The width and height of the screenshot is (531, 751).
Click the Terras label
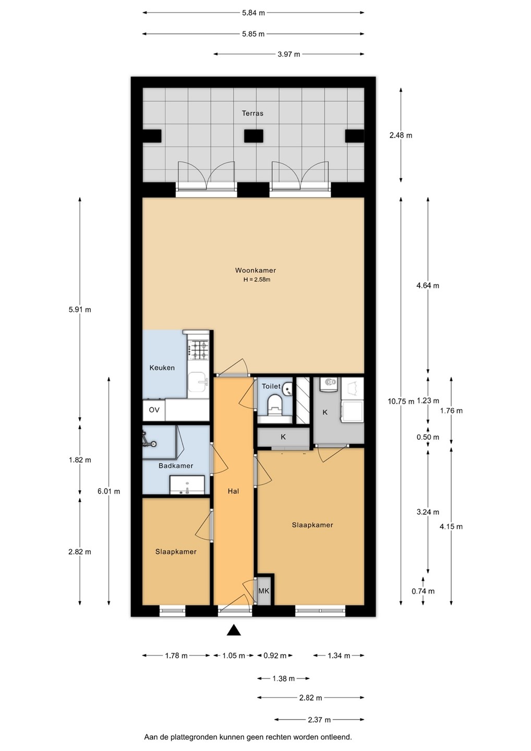tap(252, 113)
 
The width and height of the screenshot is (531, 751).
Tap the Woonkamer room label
tap(256, 270)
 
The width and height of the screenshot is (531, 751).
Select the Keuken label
tap(162, 368)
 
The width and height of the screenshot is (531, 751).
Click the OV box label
tap(154, 410)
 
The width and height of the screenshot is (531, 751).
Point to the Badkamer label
tap(176, 466)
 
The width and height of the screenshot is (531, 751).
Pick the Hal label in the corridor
tap(233, 491)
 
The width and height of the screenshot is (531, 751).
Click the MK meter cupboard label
tap(264, 591)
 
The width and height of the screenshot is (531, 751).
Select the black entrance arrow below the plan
tap(234, 631)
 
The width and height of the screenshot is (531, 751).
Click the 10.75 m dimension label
tap(401, 402)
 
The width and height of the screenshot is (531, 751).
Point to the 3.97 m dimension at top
tap(288, 54)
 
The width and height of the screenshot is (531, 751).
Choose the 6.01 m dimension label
tap(109, 491)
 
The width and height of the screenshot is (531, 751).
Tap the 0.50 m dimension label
tap(428, 437)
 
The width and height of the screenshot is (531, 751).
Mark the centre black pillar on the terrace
tap(254, 136)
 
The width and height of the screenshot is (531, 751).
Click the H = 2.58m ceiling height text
tap(257, 280)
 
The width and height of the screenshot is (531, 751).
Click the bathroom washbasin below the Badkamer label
tap(187, 485)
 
